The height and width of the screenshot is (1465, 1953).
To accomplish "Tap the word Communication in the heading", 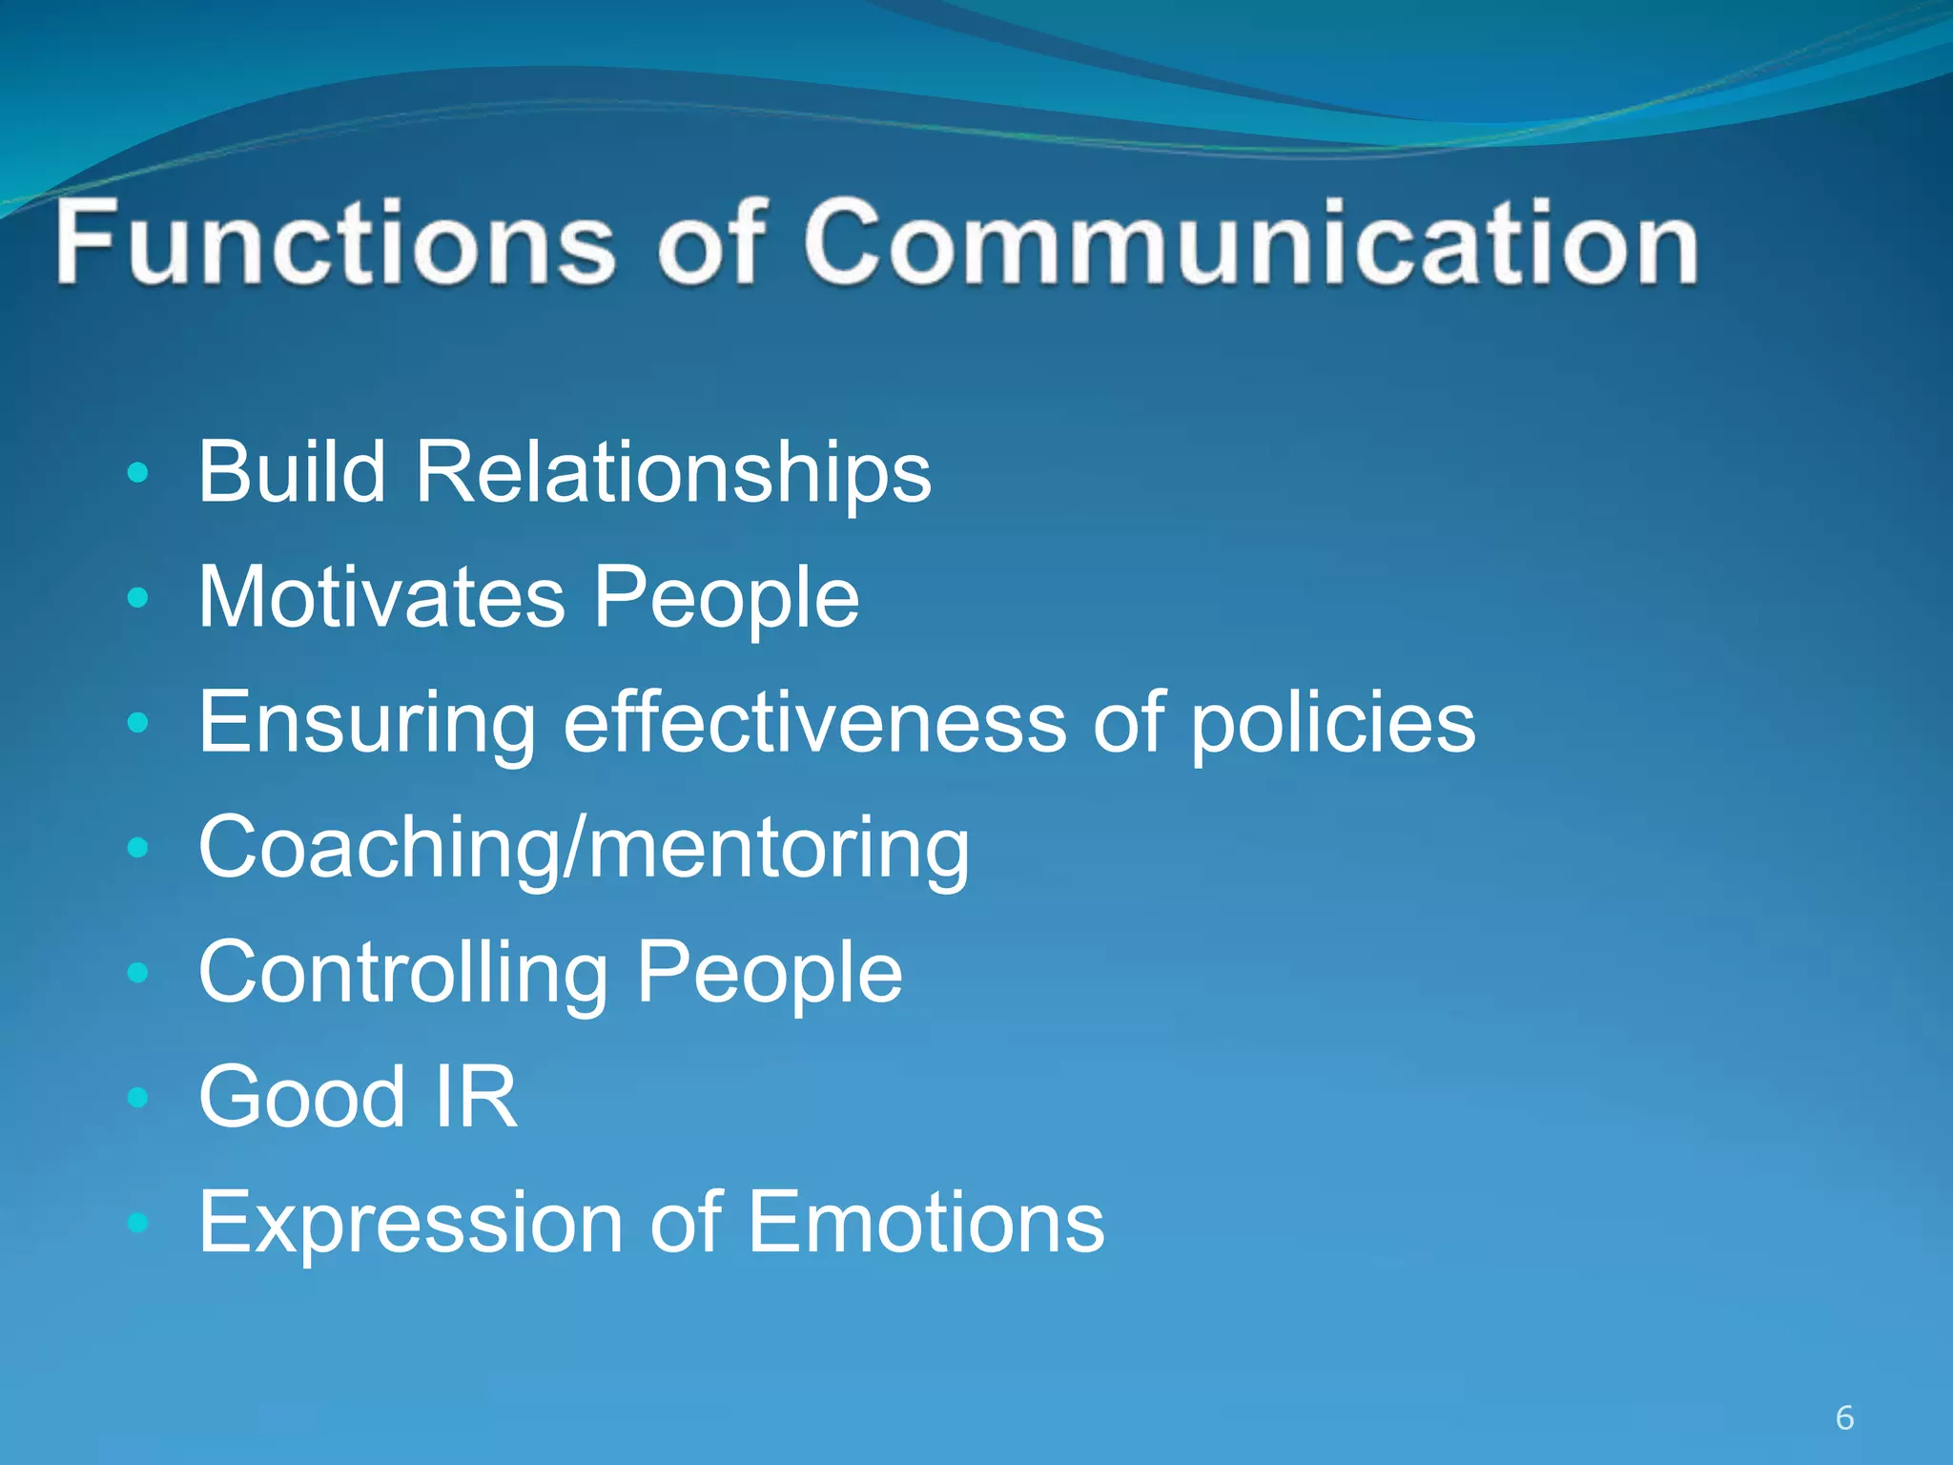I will click(1249, 243).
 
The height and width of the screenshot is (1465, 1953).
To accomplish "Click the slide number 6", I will click(1844, 1418).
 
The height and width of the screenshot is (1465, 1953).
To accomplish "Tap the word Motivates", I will click(381, 597).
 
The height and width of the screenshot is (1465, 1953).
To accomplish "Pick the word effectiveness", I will click(815, 722).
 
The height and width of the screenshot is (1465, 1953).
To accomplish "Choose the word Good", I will click(302, 1097).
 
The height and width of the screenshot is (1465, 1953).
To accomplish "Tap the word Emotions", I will click(925, 1222).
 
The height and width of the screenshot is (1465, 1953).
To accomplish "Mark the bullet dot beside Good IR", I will click(139, 1097).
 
